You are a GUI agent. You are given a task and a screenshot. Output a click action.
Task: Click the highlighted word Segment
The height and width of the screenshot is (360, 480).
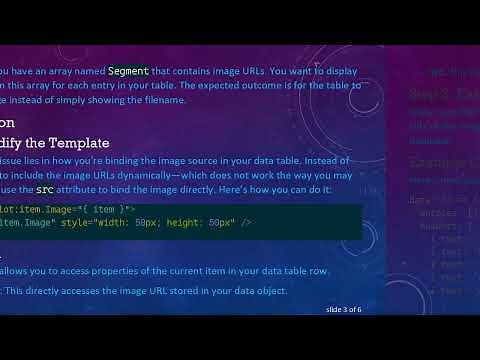129,71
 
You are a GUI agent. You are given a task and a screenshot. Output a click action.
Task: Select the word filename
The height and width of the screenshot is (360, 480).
163,100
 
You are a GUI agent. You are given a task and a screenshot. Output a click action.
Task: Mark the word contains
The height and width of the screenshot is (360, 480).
192,71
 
